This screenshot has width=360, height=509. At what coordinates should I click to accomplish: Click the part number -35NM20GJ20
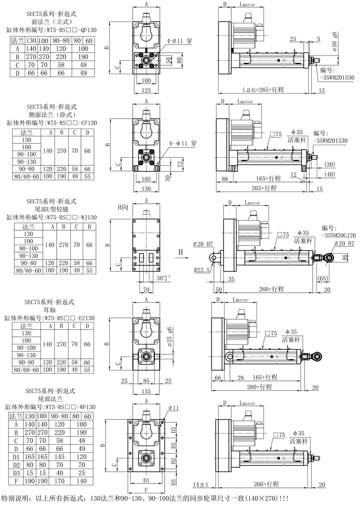click(338, 236)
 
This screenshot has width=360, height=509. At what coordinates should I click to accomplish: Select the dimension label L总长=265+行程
click(264, 89)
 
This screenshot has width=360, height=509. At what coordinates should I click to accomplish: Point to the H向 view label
click(123, 207)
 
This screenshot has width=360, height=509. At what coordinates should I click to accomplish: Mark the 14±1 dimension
click(200, 485)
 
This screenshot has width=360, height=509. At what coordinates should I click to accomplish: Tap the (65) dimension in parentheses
click(322, 278)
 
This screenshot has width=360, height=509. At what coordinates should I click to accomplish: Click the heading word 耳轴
click(49, 310)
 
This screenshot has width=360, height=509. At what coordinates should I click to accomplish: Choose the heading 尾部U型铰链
click(52, 210)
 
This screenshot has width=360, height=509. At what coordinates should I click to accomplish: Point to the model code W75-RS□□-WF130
click(70, 407)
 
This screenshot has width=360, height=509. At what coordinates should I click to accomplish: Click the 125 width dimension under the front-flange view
click(146, 90)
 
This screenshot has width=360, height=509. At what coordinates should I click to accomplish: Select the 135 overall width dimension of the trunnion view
click(146, 391)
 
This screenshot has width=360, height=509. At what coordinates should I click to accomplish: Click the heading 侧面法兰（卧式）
click(52, 115)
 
